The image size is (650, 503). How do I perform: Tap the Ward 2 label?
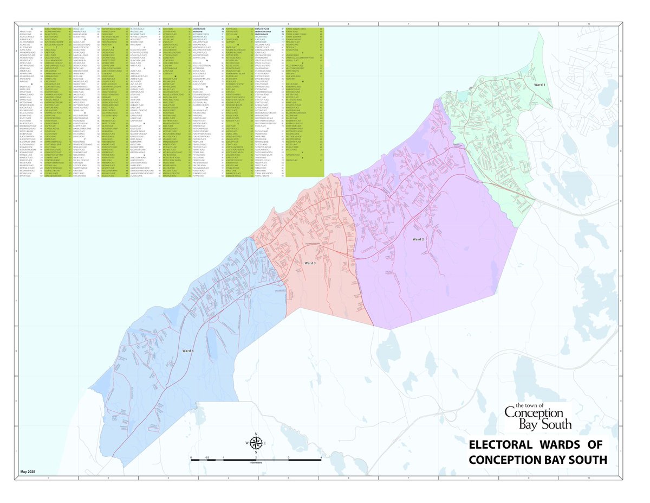418,239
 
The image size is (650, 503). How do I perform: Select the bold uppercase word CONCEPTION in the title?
506,460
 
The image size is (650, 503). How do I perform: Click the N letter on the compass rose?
256,435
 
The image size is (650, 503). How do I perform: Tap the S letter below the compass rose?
256,452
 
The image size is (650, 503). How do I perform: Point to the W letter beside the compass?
248,443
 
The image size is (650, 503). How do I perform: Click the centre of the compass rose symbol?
256,443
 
